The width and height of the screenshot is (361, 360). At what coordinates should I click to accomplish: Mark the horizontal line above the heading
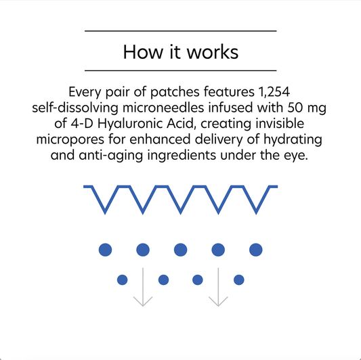[180, 31]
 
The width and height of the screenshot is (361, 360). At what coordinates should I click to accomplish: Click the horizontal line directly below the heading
[180, 70]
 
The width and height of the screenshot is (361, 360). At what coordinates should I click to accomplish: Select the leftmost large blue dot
[105, 250]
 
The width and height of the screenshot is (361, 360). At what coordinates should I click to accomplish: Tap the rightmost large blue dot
[255, 250]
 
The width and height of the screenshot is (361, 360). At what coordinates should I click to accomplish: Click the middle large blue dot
[180, 250]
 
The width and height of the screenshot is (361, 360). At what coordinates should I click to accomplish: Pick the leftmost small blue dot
[123, 279]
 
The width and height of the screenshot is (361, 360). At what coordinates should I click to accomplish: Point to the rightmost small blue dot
[238, 279]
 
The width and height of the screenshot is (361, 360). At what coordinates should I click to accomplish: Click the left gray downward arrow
[142, 291]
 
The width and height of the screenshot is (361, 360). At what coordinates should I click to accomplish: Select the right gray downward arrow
[218, 291]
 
